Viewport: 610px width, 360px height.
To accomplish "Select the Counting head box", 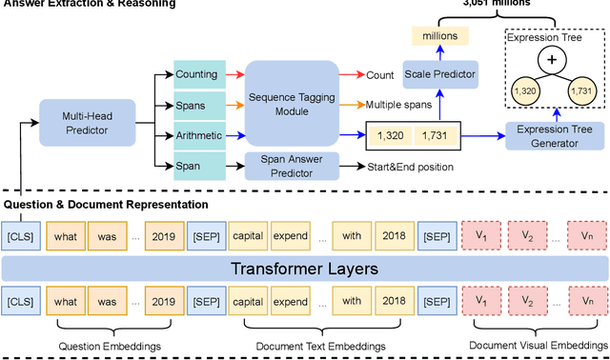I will (x=196, y=73).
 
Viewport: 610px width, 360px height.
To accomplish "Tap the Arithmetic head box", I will (x=196, y=135).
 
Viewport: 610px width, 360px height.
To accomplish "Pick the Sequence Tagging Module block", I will (x=292, y=103).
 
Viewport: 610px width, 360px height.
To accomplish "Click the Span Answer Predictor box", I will (x=292, y=168).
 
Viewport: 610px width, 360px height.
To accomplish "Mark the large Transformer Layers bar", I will (x=304, y=269).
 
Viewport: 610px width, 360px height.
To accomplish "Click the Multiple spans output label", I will (x=397, y=104).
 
